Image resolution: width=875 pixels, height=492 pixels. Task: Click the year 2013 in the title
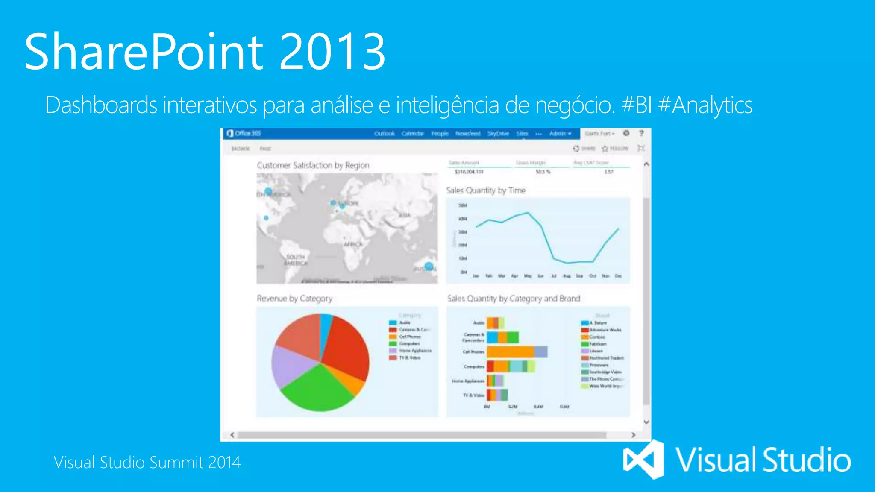click(x=332, y=52)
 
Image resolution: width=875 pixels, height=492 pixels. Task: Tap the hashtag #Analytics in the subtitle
click(x=705, y=105)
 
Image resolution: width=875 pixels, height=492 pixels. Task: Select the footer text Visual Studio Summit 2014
click(x=147, y=463)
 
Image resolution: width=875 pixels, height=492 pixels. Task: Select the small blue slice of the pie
click(x=326, y=325)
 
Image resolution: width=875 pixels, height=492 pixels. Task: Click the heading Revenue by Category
click(x=294, y=299)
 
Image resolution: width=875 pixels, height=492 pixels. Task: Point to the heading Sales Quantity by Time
click(x=486, y=190)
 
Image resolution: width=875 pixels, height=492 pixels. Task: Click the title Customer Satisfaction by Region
click(x=313, y=165)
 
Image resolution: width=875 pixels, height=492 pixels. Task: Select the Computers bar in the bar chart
click(x=511, y=366)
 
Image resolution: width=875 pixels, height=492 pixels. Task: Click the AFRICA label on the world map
click(x=353, y=245)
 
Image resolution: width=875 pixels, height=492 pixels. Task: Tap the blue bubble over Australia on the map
click(x=429, y=266)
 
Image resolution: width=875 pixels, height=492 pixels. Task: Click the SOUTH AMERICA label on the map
click(x=295, y=260)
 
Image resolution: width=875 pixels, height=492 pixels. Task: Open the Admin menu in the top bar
click(x=560, y=134)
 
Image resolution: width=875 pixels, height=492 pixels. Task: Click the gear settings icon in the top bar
click(x=626, y=133)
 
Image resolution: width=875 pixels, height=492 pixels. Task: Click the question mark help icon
click(x=641, y=133)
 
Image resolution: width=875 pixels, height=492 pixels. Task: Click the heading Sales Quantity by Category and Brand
click(x=514, y=299)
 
